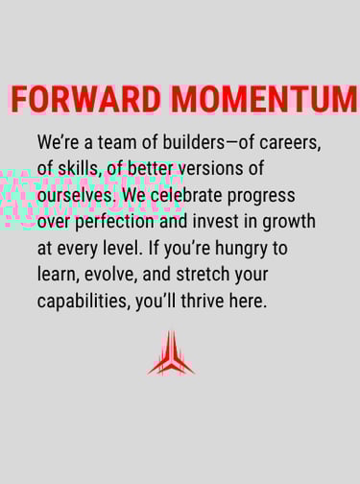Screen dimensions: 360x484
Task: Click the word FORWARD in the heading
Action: [85, 99]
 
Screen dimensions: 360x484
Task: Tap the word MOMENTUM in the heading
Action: [264, 99]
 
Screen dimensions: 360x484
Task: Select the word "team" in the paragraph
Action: [117, 142]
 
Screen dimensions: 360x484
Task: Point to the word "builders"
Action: [194, 142]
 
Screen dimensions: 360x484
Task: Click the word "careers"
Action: [290, 143]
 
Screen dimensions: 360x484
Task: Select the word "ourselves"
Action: [77, 195]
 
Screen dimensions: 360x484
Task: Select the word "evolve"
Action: [110, 275]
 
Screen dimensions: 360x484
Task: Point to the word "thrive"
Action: [203, 301]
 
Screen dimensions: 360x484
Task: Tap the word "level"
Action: [122, 248]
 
